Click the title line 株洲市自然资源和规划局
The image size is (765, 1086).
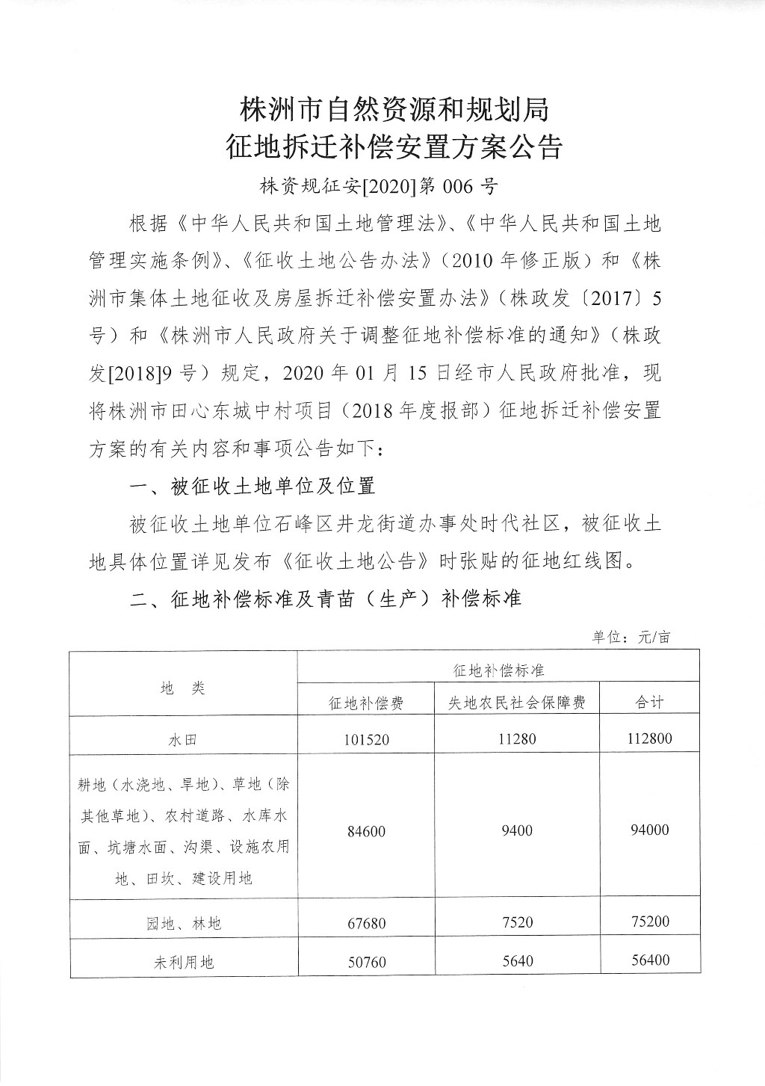394,109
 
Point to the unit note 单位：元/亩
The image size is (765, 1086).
631,638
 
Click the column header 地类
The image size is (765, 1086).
183,688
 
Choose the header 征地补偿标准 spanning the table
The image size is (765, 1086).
498,670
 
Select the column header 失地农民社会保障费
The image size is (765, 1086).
516,703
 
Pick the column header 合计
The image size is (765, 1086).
648,702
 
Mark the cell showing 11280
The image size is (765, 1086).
517,739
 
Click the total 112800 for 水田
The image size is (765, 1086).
648,738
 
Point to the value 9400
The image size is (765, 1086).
517,830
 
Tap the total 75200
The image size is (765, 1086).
648,922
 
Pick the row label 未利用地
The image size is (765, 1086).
183,962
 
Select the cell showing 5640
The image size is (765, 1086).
517,960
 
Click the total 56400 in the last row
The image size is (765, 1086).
648,960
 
